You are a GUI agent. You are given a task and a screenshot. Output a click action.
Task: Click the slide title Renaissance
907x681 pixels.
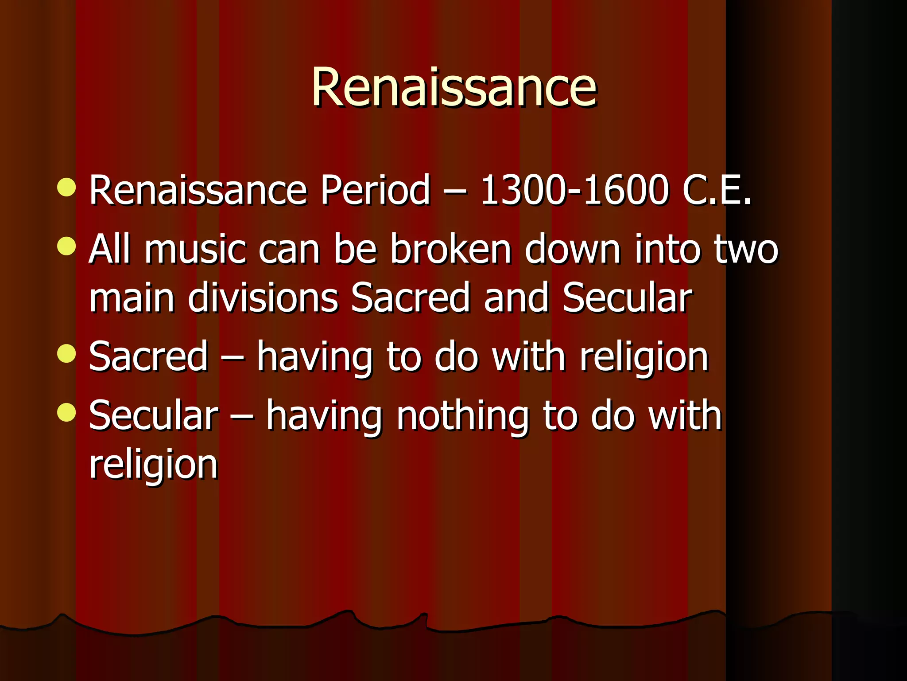(454, 87)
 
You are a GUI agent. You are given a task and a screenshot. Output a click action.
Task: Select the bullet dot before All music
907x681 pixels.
(67, 246)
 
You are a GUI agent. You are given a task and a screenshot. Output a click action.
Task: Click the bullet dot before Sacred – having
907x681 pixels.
(67, 353)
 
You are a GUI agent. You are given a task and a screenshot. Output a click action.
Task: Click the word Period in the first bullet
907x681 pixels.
(375, 190)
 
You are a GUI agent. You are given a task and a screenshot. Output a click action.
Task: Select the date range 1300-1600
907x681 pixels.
(574, 190)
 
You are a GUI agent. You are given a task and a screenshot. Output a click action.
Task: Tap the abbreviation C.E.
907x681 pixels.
(717, 190)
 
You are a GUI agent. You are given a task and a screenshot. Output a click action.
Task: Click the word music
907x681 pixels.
(195, 249)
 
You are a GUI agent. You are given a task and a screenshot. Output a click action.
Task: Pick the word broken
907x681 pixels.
(450, 249)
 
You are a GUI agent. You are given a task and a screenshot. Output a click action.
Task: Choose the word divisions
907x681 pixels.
(263, 297)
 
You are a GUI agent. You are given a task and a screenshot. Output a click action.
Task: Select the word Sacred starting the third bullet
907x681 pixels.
(148, 356)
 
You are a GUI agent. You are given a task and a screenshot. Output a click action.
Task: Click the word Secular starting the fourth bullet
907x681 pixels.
(153, 416)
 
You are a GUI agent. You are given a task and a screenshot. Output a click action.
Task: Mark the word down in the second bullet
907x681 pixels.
(573, 249)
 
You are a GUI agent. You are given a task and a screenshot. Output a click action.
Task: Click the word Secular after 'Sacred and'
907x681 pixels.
(627, 297)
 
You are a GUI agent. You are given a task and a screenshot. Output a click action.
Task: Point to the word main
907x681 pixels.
(132, 297)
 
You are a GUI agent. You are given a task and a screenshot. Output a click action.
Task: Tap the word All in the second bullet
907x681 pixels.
(109, 249)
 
